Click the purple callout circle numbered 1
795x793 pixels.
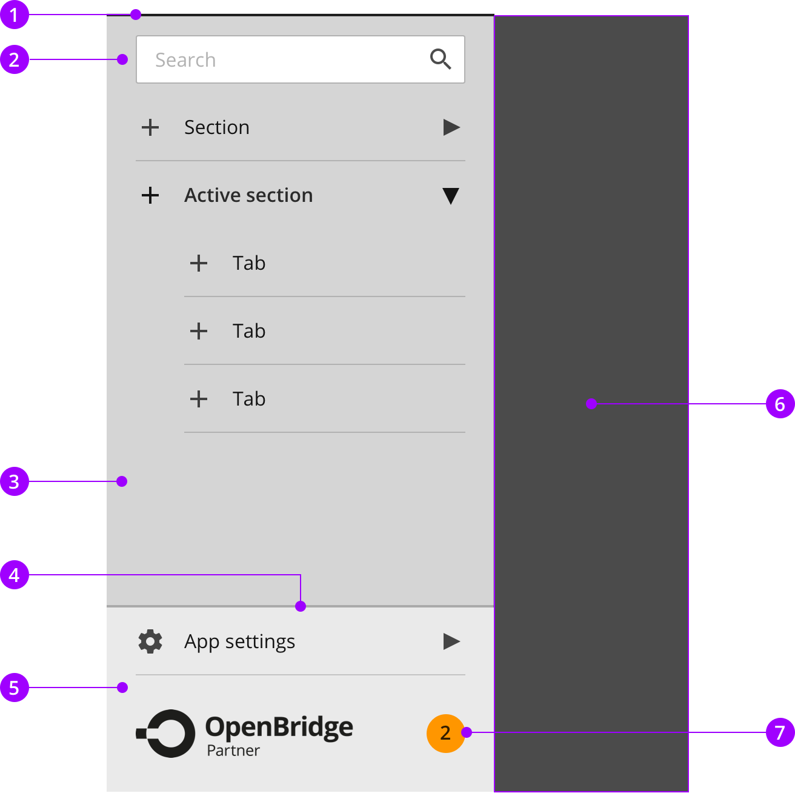[15, 15]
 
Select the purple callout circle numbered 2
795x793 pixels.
[15, 59]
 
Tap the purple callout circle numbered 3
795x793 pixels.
[15, 481]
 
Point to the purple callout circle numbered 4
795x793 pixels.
[15, 574]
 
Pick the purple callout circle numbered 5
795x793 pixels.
[15, 687]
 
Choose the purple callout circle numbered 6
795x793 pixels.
[780, 403]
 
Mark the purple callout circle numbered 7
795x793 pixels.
[780, 732]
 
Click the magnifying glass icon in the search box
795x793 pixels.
[440, 59]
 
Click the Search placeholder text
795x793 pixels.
[185, 60]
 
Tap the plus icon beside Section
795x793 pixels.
[150, 127]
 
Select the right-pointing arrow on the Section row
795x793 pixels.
[451, 127]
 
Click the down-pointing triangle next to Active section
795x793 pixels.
[450, 196]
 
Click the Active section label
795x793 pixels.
[248, 195]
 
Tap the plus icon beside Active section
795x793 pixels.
[150, 195]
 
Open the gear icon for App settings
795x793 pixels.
[150, 641]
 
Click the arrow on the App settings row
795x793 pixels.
[451, 641]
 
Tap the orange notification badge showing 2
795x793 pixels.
[445, 733]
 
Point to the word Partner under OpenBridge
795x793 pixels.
[233, 750]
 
